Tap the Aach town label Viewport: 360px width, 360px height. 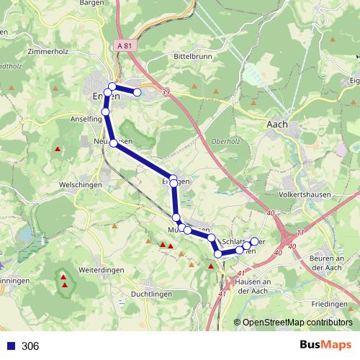pos(277,124)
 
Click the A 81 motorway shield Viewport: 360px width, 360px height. pos(123,47)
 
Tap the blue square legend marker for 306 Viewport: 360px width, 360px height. pos(11,346)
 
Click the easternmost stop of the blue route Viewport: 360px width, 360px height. pos(254,241)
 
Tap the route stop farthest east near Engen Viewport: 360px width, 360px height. pos(137,92)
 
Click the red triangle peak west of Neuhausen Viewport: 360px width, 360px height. pos(58,149)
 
